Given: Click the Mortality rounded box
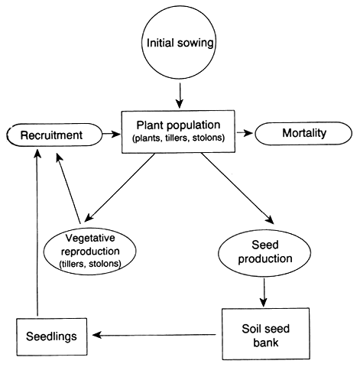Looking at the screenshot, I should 304,134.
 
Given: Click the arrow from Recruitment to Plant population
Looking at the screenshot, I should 112,134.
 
